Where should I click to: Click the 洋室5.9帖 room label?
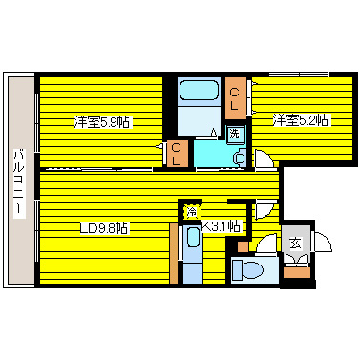103,121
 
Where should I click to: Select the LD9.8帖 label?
102,227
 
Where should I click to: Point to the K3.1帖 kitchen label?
221,225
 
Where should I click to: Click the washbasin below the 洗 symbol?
237,153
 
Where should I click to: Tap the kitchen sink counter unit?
192,250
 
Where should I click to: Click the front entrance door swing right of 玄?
320,244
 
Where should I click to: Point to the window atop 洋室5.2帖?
300,74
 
